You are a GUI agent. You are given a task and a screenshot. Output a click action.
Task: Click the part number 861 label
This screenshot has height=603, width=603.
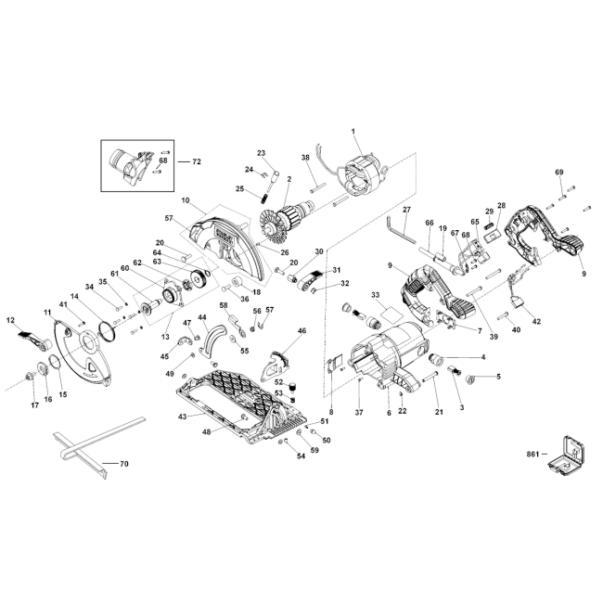tap(532, 455)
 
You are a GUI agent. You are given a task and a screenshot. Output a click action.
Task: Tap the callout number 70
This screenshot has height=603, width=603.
tap(123, 464)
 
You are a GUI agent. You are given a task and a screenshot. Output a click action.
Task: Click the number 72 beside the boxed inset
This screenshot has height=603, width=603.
tap(197, 162)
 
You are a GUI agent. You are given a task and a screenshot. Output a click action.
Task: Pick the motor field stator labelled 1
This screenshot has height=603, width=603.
tap(361, 178)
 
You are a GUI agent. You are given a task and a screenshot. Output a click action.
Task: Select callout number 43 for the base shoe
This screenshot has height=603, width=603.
tap(182, 417)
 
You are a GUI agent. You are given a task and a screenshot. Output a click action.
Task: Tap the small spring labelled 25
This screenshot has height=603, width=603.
tap(264, 199)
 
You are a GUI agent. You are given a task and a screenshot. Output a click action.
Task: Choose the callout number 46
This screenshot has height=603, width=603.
tap(302, 331)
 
